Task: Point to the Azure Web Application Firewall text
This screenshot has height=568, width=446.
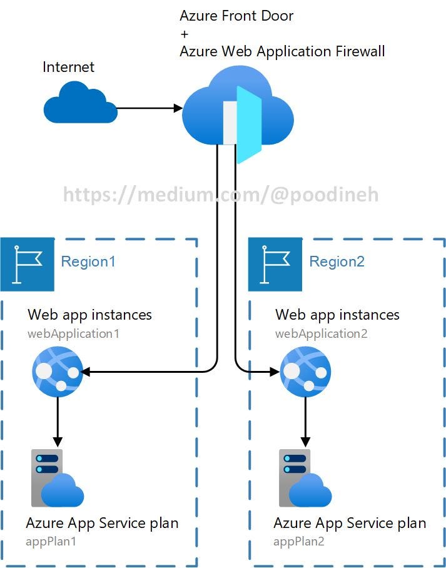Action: point(282,51)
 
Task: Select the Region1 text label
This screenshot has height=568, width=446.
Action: point(88,261)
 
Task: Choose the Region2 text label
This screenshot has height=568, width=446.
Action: point(337,261)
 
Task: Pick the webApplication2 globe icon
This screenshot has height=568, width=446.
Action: point(305,373)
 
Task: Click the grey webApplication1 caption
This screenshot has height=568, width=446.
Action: point(73,333)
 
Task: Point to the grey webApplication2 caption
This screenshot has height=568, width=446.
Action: point(322,333)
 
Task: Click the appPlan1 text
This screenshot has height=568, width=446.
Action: point(51,541)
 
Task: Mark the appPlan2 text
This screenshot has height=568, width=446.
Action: point(300,541)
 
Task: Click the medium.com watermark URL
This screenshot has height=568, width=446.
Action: point(221,195)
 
